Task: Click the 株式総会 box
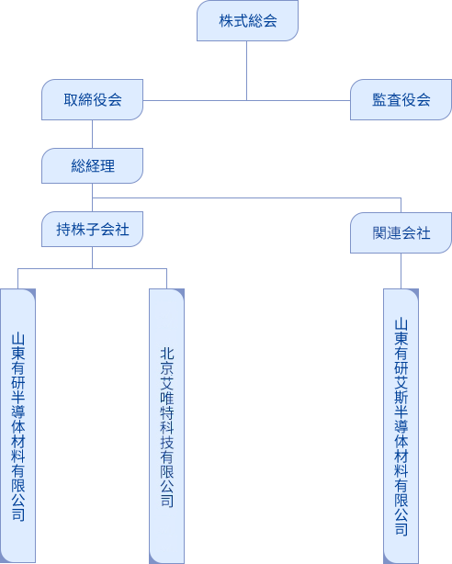click(x=247, y=20)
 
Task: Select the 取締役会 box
click(x=92, y=99)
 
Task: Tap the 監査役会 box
click(x=401, y=99)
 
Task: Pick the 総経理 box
click(x=92, y=166)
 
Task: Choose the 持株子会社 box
click(x=92, y=229)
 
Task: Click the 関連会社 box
click(x=401, y=232)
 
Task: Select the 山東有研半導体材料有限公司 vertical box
click(x=17, y=426)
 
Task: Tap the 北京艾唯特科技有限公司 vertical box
click(x=166, y=426)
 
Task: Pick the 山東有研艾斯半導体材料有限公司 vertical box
click(x=401, y=426)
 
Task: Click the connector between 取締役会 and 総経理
click(x=92, y=134)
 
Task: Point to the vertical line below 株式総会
click(x=246, y=71)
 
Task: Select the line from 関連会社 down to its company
click(x=401, y=271)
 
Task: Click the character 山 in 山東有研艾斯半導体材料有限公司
click(x=401, y=324)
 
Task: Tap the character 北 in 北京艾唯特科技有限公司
click(x=166, y=354)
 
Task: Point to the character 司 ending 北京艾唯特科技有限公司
click(x=166, y=501)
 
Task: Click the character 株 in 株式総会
click(x=226, y=20)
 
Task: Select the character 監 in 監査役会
click(x=379, y=99)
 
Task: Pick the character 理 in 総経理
click(x=107, y=166)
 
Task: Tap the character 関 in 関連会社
click(x=379, y=232)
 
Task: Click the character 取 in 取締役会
click(x=71, y=99)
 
